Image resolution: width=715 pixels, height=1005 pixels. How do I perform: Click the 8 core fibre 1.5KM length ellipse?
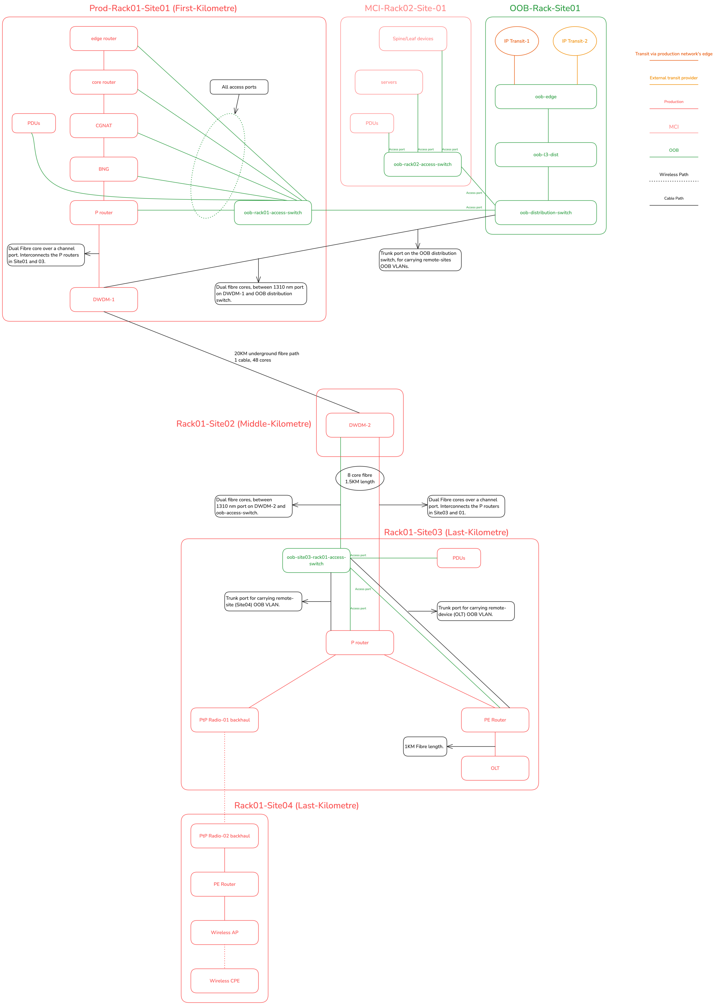pyautogui.click(x=360, y=478)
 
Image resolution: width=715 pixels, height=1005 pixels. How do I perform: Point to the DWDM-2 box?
pyautogui.click(x=360, y=425)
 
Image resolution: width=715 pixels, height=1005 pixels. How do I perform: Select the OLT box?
pyautogui.click(x=495, y=768)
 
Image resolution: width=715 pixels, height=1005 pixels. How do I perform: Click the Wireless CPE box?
pyautogui.click(x=224, y=981)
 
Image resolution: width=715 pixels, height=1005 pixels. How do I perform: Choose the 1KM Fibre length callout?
pyautogui.click(x=424, y=747)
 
